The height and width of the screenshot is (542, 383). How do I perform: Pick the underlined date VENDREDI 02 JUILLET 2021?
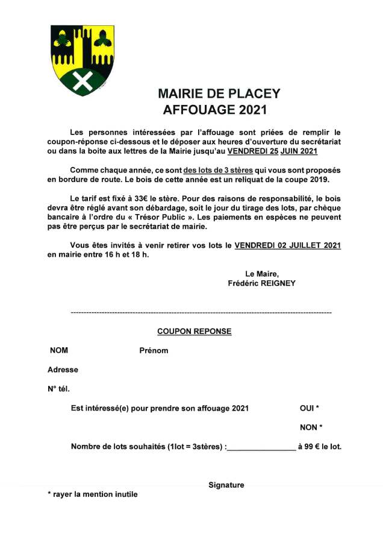287,245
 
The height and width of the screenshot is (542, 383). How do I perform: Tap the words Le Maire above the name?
261,274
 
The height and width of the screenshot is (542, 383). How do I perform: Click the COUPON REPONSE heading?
194,331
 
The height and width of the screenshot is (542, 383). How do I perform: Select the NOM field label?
59,350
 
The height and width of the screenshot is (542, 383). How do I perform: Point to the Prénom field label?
154,350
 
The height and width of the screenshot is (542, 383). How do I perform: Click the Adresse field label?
63,370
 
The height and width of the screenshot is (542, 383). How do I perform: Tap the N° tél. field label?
58,389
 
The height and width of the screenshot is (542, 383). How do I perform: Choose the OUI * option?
309,408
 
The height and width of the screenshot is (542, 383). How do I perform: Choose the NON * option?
311,427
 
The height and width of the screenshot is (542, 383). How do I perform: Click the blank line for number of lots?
261,447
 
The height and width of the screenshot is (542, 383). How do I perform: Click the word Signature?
226,485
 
